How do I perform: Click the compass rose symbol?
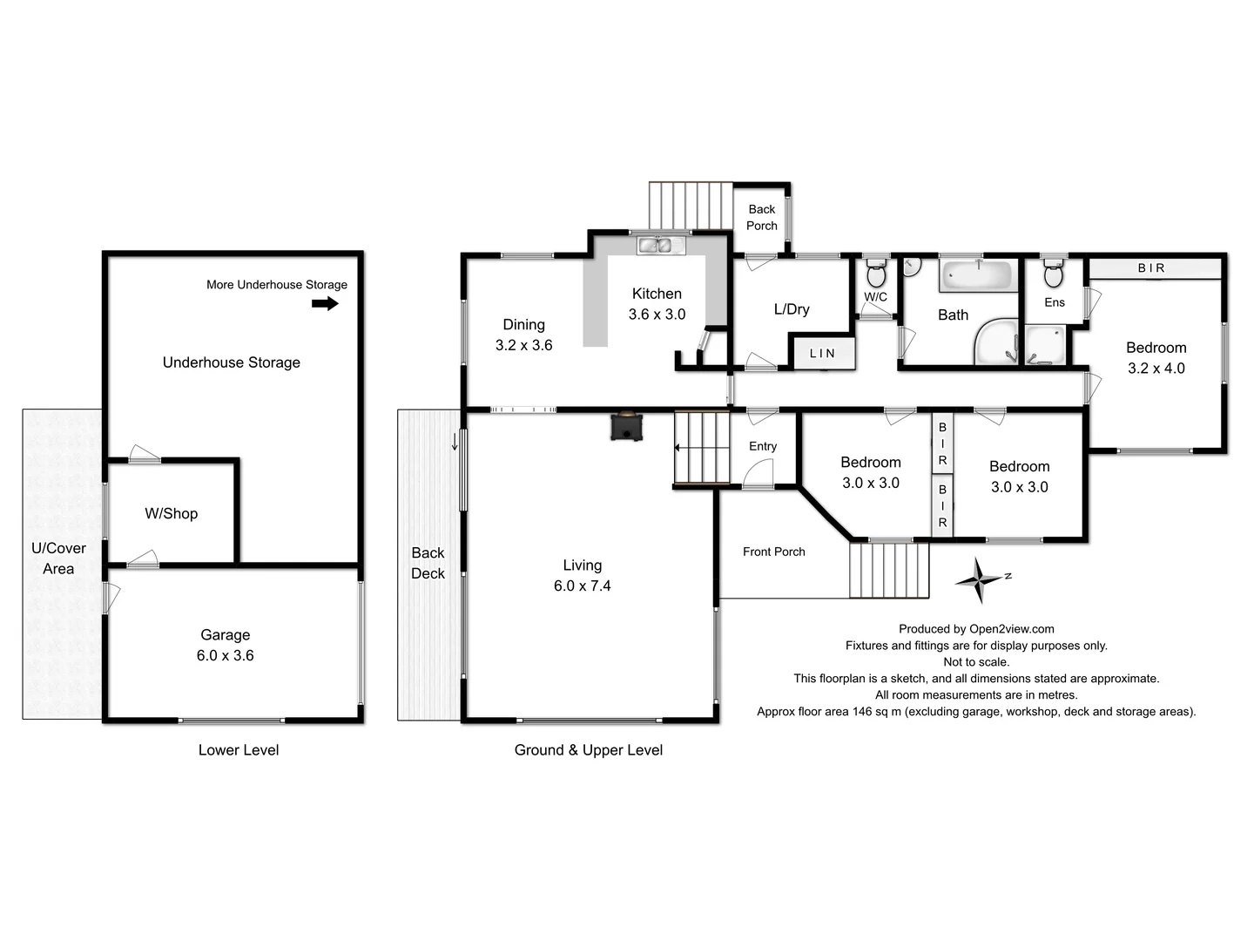pyautogui.click(x=981, y=580)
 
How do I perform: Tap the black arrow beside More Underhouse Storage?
pyautogui.click(x=325, y=303)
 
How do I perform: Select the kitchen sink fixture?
pyautogui.click(x=655, y=246)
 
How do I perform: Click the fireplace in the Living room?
pyautogui.click(x=626, y=426)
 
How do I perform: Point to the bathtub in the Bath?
pyautogui.click(x=975, y=276)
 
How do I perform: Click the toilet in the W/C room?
pyautogui.click(x=876, y=274)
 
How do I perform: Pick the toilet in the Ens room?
pyautogui.click(x=1053, y=274)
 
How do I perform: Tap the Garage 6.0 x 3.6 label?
pyautogui.click(x=226, y=646)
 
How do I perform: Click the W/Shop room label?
pyautogui.click(x=172, y=514)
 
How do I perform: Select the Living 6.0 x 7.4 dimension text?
pyautogui.click(x=582, y=586)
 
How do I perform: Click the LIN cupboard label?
pyautogui.click(x=822, y=354)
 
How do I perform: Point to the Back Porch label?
pyautogui.click(x=761, y=218)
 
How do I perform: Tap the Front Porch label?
pyautogui.click(x=773, y=552)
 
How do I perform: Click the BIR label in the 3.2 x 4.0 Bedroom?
pyautogui.click(x=1150, y=268)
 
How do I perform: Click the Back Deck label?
pyautogui.click(x=428, y=563)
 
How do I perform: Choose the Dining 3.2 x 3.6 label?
pyautogui.click(x=523, y=335)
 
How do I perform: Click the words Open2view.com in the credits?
pyautogui.click(x=1011, y=629)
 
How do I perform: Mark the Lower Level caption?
pyautogui.click(x=239, y=750)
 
